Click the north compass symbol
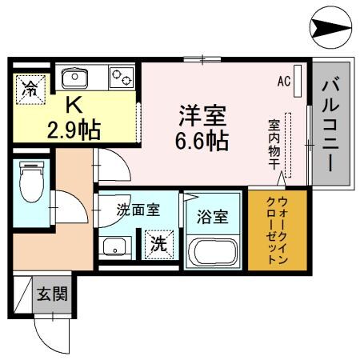(x=329, y=29)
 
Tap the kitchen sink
(x=74, y=78)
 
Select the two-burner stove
(x=121, y=78)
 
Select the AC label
(x=283, y=81)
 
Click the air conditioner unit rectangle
(x=297, y=80)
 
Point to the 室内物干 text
(x=274, y=144)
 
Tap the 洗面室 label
(x=138, y=211)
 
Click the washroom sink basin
(x=114, y=246)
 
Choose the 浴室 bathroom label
(x=213, y=216)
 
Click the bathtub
(x=213, y=252)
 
